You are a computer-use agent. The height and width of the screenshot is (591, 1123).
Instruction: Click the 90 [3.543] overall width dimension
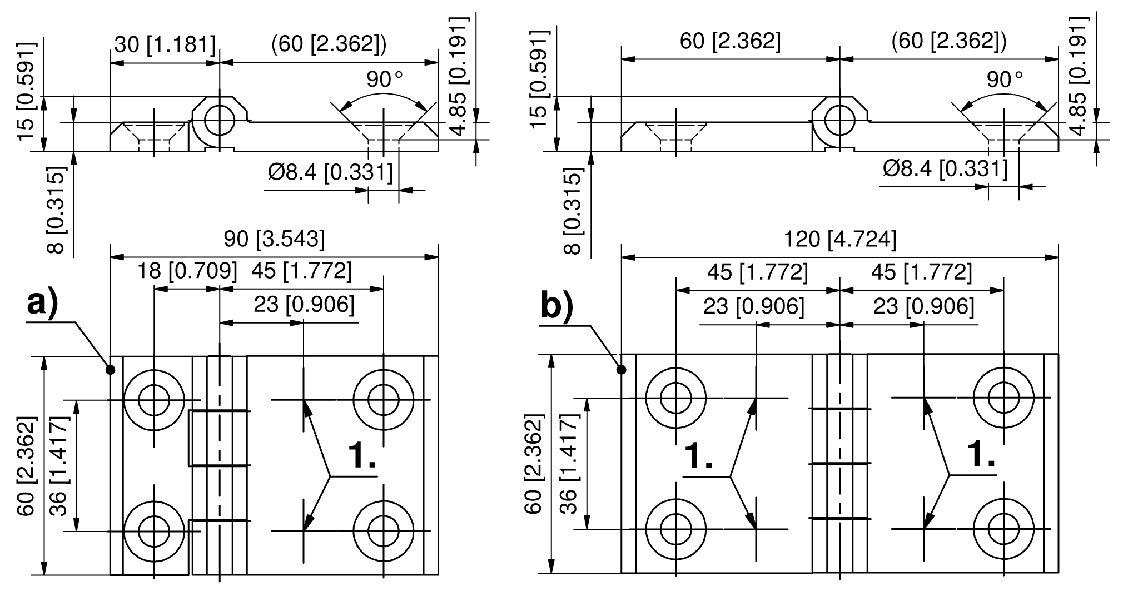(x=274, y=239)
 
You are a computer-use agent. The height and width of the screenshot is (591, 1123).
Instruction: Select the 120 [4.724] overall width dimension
(x=839, y=239)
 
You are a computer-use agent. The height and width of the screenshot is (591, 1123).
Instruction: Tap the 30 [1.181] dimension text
(x=165, y=44)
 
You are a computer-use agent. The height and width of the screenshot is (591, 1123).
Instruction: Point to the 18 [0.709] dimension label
(x=187, y=271)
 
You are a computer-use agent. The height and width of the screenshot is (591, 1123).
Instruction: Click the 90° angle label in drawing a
(x=384, y=80)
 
